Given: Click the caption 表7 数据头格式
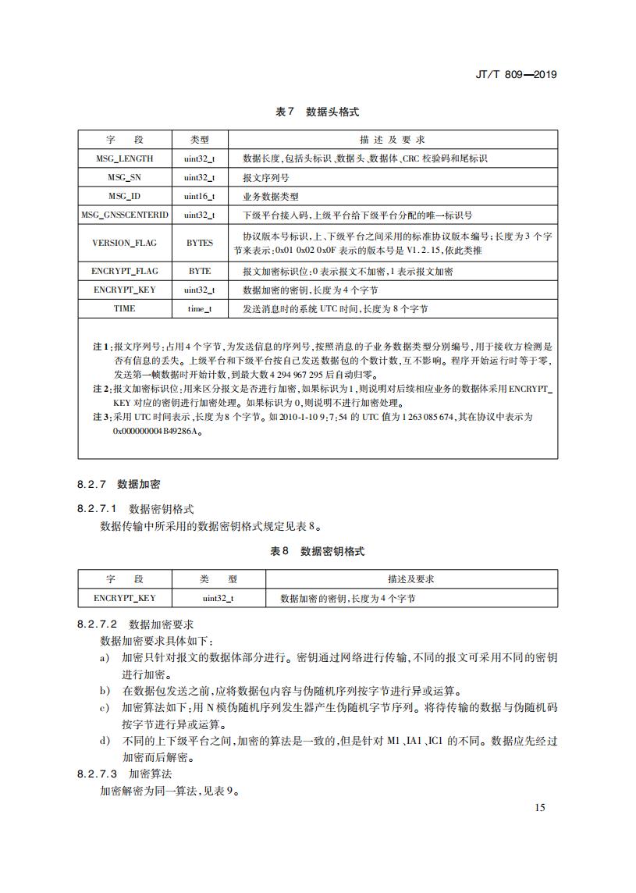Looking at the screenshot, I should pyautogui.click(x=317, y=112).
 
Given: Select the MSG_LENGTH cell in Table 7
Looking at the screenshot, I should pyautogui.click(x=125, y=158).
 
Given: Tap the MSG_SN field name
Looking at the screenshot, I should pyautogui.click(x=125, y=177).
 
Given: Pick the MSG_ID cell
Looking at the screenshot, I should pyautogui.click(x=125, y=196).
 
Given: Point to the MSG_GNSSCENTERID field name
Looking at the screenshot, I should pyautogui.click(x=125, y=215).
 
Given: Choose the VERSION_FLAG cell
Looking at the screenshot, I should pyautogui.click(x=125, y=243).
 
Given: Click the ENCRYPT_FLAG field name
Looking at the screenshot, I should pyautogui.click(x=125, y=271).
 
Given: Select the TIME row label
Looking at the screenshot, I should pyautogui.click(x=125, y=308).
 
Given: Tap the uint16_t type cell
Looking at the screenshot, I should pyautogui.click(x=200, y=196).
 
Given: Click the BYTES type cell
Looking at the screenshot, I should pyautogui.click(x=200, y=243).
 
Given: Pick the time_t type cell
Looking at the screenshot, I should pyautogui.click(x=200, y=308).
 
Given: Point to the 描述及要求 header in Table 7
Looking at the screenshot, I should pyautogui.click(x=391, y=140).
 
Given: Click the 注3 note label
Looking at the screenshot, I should pyautogui.click(x=102, y=417).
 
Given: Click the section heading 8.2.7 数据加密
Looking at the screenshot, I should pyautogui.click(x=119, y=484).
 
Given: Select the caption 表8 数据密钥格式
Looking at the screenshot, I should pyautogui.click(x=317, y=551).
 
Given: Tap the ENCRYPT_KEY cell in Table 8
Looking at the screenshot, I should pyautogui.click(x=125, y=598).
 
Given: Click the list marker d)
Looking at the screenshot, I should pyautogui.click(x=105, y=739).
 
